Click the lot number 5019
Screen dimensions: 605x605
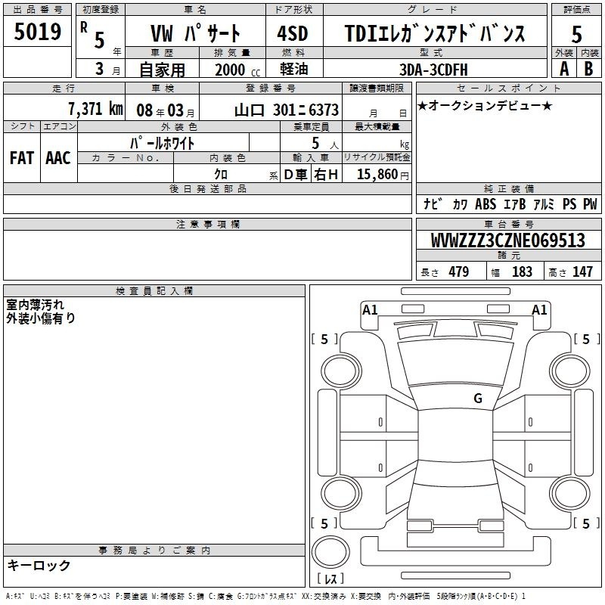point(37,32)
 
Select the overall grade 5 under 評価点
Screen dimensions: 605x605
point(576,34)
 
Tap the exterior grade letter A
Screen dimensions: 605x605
point(564,69)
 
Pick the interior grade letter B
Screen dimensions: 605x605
point(588,69)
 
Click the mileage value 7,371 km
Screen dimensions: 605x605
point(95,109)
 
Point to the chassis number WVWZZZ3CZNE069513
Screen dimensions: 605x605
point(507,240)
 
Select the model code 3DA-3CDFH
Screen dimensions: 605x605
point(433,70)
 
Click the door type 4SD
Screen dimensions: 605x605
point(293,33)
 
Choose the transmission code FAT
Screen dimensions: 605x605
point(22,158)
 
